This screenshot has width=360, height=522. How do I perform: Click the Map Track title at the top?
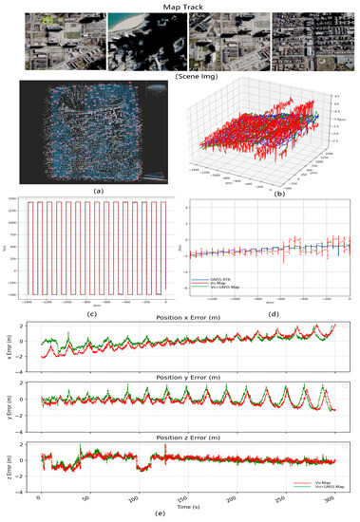[x=180, y=5]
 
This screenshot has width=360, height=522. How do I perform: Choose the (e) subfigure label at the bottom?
[x=180, y=515]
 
